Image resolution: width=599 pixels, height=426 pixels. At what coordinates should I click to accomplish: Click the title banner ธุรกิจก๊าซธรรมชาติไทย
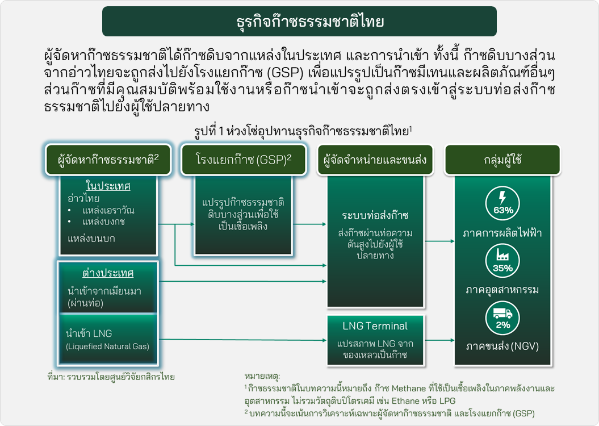[299, 22]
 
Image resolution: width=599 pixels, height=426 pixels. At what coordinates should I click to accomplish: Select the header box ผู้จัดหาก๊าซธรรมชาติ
[108, 160]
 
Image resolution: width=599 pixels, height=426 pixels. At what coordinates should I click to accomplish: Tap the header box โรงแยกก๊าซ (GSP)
[244, 160]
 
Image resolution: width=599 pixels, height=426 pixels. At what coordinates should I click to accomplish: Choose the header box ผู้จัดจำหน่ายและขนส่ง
[375, 160]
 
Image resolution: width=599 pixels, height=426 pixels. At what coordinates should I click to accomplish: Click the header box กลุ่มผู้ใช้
[502, 160]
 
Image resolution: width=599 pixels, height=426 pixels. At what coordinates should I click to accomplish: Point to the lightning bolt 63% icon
[502, 203]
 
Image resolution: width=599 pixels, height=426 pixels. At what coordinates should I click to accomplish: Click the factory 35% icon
[502, 261]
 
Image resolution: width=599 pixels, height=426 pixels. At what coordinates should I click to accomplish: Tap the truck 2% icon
[502, 318]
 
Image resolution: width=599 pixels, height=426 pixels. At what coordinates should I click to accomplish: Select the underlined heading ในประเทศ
[108, 186]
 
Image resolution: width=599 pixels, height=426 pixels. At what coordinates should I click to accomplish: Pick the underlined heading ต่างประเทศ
[108, 273]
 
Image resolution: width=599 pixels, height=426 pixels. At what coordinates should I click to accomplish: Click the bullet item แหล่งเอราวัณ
[108, 211]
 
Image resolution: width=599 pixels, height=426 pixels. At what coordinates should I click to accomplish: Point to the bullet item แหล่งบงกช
[103, 222]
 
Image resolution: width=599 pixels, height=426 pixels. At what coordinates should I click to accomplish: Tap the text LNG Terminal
[375, 326]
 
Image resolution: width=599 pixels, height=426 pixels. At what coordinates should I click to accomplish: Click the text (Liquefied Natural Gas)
[107, 346]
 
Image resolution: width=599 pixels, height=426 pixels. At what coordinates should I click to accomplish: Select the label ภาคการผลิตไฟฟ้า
[502, 233]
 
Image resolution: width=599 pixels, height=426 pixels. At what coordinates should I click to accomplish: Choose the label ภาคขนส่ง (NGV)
[502, 346]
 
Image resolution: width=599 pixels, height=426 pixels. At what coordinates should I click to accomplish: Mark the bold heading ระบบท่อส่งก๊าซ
[375, 215]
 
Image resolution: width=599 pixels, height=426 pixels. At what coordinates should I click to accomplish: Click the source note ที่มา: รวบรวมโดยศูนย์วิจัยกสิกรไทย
[111, 377]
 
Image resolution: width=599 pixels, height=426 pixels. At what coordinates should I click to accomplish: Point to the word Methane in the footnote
[409, 389]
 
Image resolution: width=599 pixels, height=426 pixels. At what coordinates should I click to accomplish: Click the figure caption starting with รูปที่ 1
[303, 131]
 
